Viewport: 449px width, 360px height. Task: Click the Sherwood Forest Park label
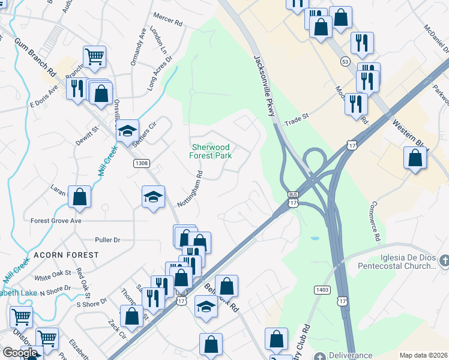pyautogui.click(x=211, y=151)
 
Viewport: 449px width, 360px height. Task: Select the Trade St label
pyautogui.click(x=296, y=119)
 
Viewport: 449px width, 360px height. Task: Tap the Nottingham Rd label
pyautogui.click(x=191, y=188)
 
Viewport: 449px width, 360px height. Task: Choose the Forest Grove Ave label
pyautogui.click(x=56, y=221)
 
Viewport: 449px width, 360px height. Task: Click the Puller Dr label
pyautogui.click(x=107, y=239)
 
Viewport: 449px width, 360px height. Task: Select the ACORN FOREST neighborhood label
pyautogui.click(x=66, y=255)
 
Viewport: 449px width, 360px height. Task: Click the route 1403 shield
pyautogui.click(x=322, y=290)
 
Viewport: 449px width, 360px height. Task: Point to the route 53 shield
pyautogui.click(x=345, y=61)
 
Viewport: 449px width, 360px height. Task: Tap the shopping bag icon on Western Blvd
pyautogui.click(x=415, y=158)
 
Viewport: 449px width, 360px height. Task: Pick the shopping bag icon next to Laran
pyautogui.click(x=79, y=197)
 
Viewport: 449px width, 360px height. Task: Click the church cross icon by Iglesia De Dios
pyautogui.click(x=444, y=260)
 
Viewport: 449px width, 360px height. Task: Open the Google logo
pyautogui.click(x=20, y=353)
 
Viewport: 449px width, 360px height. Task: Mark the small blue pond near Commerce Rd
pyautogui.click(x=315, y=238)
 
